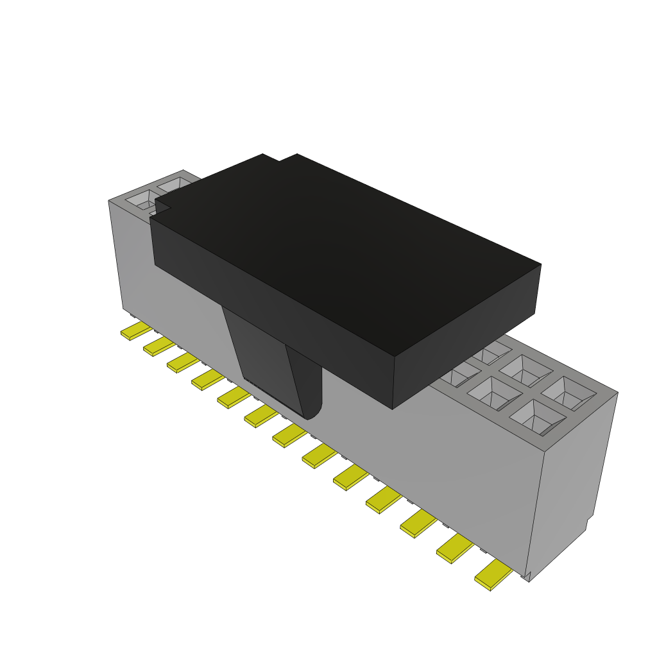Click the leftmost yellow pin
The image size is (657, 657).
coord(135,331)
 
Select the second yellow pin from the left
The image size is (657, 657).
coord(158,347)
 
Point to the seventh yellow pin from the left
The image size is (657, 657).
coord(289,437)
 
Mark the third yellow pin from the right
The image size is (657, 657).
coord(418,524)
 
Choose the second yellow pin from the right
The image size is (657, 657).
coord(454,549)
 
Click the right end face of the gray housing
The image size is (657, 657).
coord(571,475)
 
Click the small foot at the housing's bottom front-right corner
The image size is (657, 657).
coord(527,576)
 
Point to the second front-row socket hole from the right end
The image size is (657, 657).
coord(495,393)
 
